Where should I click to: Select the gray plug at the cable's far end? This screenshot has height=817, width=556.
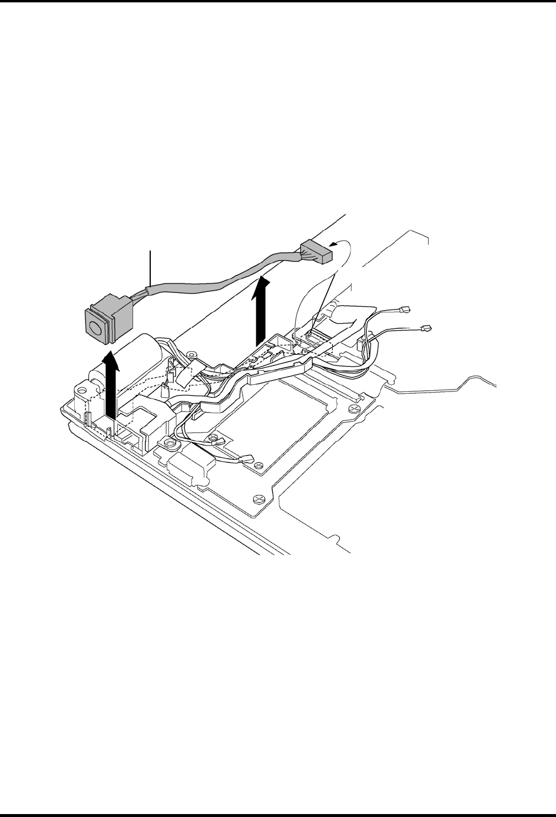pyautogui.click(x=316, y=252)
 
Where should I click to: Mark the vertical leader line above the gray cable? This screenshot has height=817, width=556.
pyautogui.click(x=152, y=268)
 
